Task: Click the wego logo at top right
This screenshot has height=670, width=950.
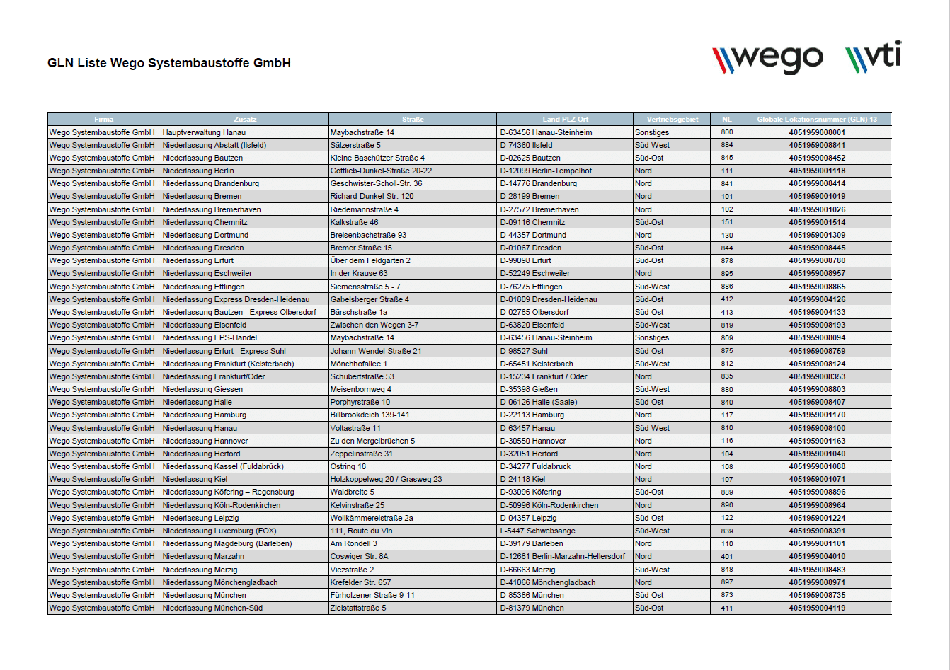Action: point(767,58)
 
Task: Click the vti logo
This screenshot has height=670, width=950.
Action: point(874,57)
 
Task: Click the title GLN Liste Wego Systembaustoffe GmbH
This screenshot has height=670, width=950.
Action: point(169,63)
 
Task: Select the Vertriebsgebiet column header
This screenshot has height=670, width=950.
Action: point(672,120)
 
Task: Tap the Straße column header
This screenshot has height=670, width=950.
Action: point(413,120)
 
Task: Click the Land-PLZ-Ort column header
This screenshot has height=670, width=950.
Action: point(565,120)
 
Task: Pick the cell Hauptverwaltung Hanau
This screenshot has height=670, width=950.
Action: point(205,132)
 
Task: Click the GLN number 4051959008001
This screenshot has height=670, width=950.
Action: point(817,132)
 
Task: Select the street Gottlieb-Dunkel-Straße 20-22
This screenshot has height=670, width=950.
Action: point(381,171)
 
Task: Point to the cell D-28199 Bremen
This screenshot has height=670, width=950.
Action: point(530,196)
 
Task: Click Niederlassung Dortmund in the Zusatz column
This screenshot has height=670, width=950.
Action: point(205,235)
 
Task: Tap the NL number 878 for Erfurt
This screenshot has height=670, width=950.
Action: point(727,260)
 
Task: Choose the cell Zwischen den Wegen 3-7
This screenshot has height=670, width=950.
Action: point(374,325)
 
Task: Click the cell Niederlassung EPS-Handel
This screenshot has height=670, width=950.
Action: point(210,337)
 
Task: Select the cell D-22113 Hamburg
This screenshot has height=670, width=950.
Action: point(532,415)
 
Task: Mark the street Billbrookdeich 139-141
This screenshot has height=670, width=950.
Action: point(370,415)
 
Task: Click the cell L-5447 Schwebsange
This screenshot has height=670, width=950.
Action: point(538,531)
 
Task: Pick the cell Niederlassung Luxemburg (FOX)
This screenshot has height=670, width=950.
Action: point(219,531)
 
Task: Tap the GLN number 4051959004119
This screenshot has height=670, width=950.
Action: point(817,608)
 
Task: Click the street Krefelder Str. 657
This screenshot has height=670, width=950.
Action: point(360,582)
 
